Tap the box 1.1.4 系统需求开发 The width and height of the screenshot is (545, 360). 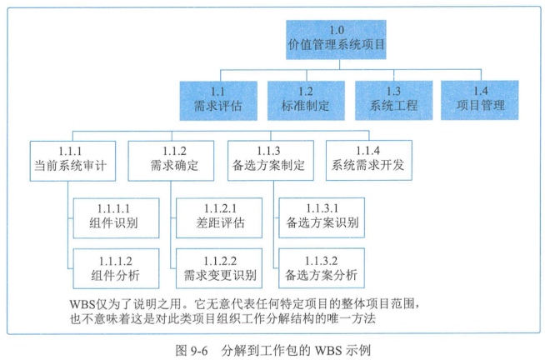pyautogui.click(x=369, y=157)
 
